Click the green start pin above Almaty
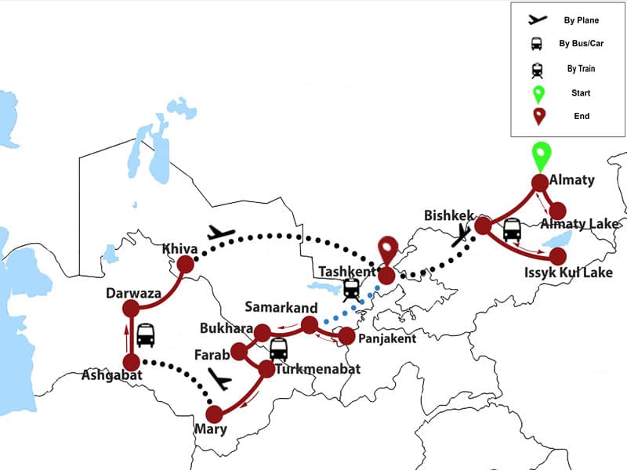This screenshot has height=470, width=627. (x=539, y=156)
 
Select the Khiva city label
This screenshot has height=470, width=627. (x=180, y=249)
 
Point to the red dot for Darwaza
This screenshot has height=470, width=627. (x=131, y=308)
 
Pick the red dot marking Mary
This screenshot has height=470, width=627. (x=213, y=414)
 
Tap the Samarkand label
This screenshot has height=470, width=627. (x=281, y=306)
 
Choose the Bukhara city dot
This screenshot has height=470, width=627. (x=262, y=332)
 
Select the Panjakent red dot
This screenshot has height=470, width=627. (x=346, y=337)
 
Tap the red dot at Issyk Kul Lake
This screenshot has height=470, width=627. (x=557, y=256)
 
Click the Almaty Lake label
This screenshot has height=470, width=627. (x=582, y=224)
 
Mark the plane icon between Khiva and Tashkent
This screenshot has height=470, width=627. (x=223, y=233)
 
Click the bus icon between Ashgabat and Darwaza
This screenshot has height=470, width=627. (x=146, y=335)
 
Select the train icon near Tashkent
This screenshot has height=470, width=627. (x=351, y=288)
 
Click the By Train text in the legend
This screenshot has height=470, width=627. (x=581, y=69)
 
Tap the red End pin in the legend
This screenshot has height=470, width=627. (x=538, y=116)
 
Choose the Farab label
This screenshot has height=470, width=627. (x=212, y=355)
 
